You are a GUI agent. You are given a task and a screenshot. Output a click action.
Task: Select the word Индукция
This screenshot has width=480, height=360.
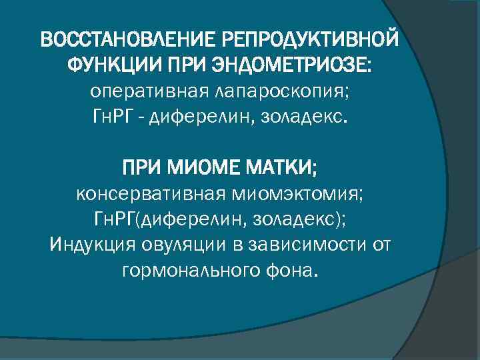pos(91,245)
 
